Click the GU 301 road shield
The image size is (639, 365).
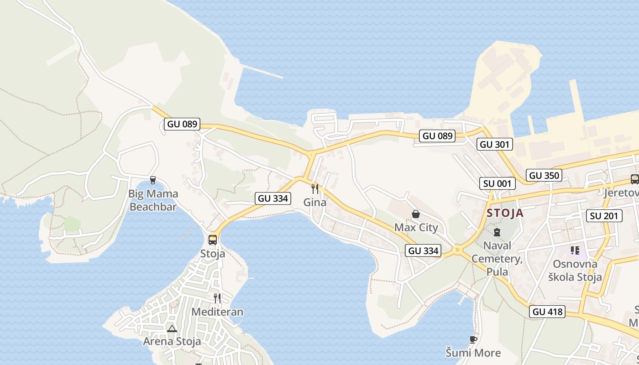point(496,145)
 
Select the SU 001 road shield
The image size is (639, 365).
point(498,183)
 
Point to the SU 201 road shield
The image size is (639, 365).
point(604,216)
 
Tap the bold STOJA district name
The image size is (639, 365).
point(505,213)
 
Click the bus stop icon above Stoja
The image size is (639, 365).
point(213,240)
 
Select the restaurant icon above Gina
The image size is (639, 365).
point(314,188)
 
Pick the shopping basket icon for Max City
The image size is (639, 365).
point(416,214)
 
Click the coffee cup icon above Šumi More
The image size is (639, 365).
point(473,339)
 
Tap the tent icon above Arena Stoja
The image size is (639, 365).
point(172,328)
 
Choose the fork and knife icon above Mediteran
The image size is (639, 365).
point(217,298)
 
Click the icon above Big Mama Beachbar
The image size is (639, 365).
point(153,180)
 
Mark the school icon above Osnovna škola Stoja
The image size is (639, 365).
point(575,250)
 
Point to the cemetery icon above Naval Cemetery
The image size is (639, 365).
point(497,232)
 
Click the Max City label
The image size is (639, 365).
point(416,227)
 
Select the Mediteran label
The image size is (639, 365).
point(217,312)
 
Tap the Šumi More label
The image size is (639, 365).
point(473,353)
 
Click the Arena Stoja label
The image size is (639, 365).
point(172,341)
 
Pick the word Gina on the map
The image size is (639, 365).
point(314,202)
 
